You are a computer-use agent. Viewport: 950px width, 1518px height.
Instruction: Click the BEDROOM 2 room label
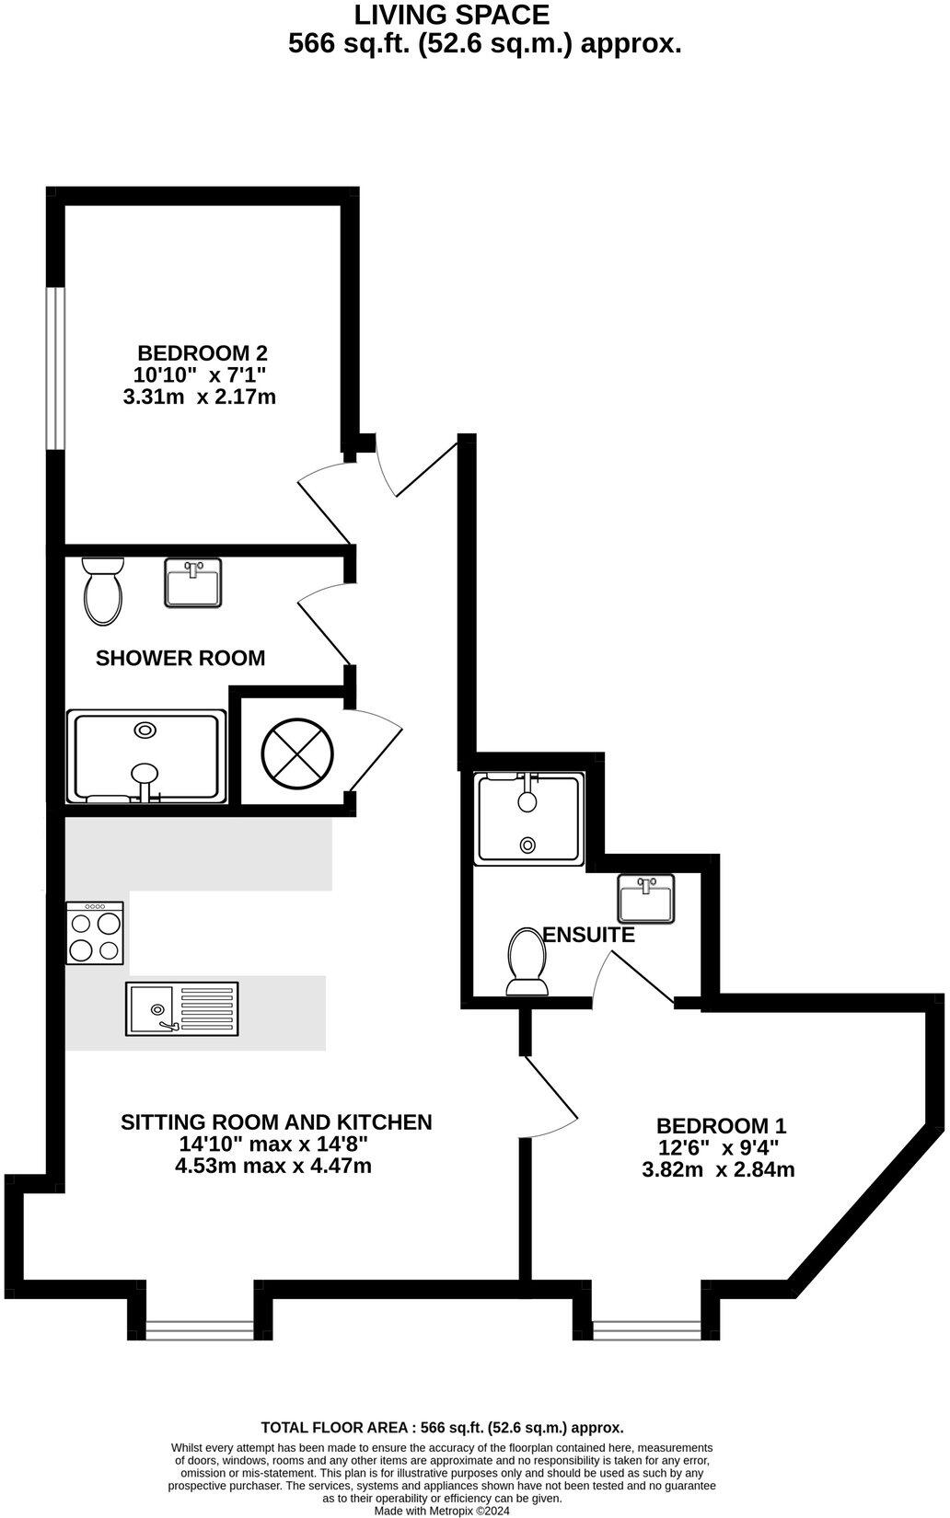pyautogui.click(x=202, y=352)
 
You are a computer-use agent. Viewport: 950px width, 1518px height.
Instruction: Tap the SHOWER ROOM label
pyautogui.click(x=180, y=658)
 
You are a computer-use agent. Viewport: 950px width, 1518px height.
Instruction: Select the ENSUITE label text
pyautogui.click(x=589, y=935)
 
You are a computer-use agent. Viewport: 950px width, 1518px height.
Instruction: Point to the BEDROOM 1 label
pyautogui.click(x=721, y=1125)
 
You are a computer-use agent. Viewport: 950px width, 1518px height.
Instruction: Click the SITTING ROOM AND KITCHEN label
pyautogui.click(x=276, y=1121)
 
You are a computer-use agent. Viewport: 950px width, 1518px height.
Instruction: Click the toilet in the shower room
pyautogui.click(x=102, y=591)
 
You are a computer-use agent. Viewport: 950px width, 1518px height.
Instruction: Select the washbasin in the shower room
pyautogui.click(x=193, y=582)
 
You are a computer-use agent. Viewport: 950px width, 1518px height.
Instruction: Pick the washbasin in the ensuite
pyautogui.click(x=646, y=898)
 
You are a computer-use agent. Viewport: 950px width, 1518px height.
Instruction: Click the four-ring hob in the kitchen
pyautogui.click(x=95, y=933)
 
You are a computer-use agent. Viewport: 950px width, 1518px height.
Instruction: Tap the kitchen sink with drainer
pyautogui.click(x=182, y=1008)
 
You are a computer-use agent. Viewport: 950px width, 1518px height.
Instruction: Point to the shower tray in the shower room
pyautogui.click(x=146, y=756)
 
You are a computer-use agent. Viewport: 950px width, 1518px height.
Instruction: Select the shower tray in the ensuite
pyautogui.click(x=528, y=819)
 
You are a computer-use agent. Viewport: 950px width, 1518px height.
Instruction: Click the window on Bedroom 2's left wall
pyautogui.click(x=56, y=368)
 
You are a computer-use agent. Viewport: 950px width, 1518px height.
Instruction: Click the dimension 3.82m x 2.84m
pyautogui.click(x=718, y=1170)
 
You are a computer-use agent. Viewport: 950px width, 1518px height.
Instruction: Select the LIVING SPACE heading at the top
pyautogui.click(x=452, y=15)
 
